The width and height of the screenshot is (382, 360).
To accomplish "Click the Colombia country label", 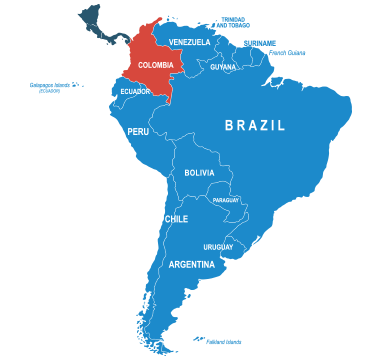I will (155, 66).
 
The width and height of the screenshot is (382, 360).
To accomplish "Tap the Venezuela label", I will (190, 42).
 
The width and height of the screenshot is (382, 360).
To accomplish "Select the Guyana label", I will (223, 67).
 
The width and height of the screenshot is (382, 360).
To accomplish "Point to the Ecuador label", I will (135, 91).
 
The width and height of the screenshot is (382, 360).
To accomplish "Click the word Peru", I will (138, 131).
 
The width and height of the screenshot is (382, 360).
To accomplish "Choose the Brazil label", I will (255, 126).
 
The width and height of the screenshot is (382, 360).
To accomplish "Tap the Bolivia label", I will (199, 173).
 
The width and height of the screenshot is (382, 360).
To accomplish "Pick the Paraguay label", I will (226, 200).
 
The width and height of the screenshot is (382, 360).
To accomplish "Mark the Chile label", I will (176, 219).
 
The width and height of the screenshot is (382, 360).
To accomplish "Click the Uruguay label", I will (218, 247).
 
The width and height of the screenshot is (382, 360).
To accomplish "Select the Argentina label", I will (191, 265).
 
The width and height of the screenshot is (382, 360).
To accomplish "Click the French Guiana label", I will (288, 52).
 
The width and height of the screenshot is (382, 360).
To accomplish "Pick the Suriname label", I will (260, 42).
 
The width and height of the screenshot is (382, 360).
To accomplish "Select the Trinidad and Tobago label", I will (232, 20).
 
